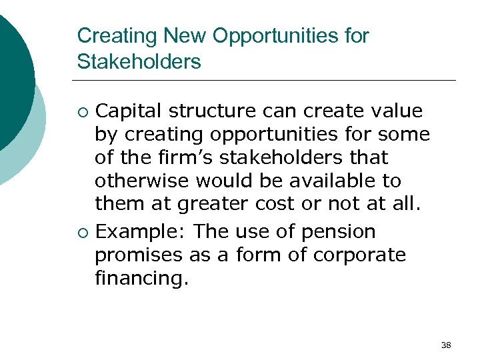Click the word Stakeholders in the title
139,62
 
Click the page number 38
446,345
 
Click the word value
398,110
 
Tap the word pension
339,232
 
